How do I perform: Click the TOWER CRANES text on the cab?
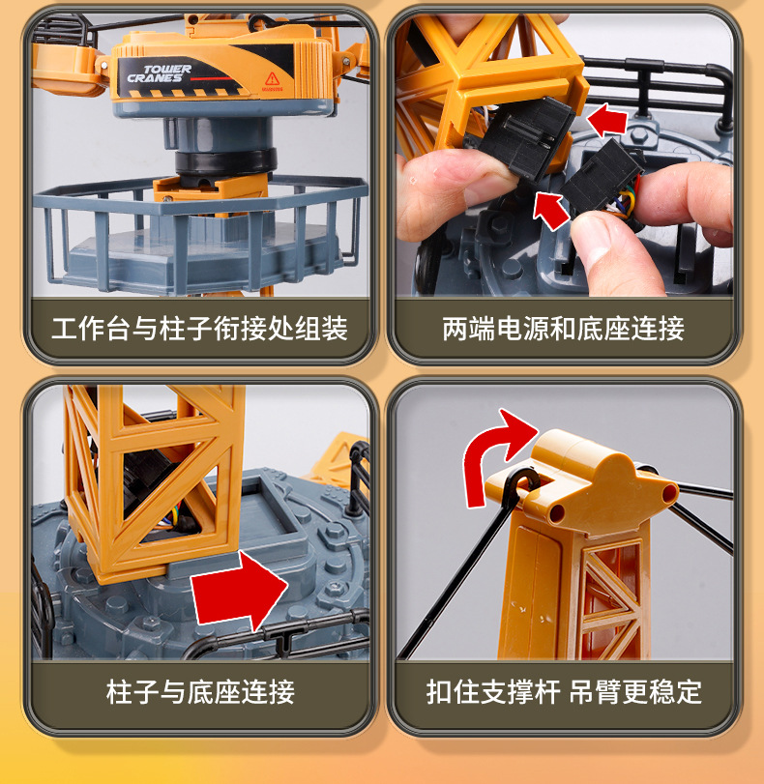tap(160, 73)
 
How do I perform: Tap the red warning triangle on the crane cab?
tap(272, 79)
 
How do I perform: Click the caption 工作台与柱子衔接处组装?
tap(199, 329)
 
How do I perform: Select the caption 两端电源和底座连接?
tap(563, 329)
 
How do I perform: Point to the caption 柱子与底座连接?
tap(200, 692)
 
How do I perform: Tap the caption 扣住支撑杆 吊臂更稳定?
tap(564, 692)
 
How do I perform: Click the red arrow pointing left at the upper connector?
tap(607, 120)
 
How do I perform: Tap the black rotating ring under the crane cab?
tap(225, 161)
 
